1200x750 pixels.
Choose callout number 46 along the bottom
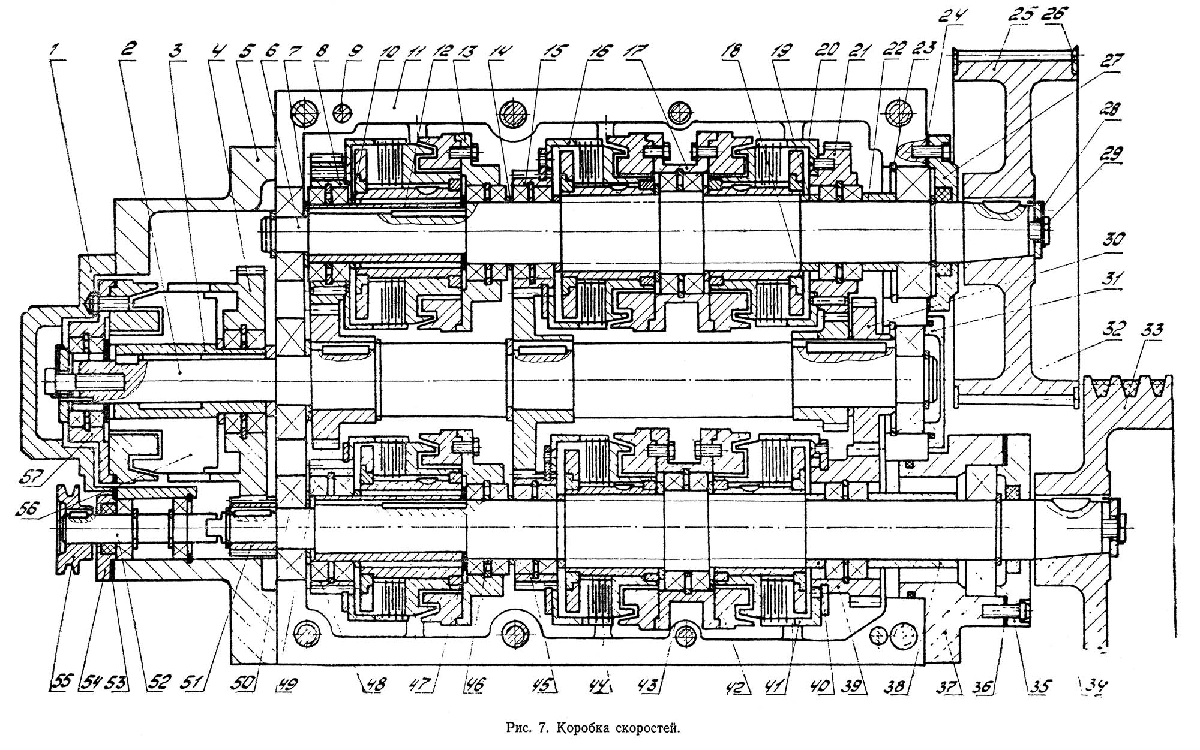click(478, 683)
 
